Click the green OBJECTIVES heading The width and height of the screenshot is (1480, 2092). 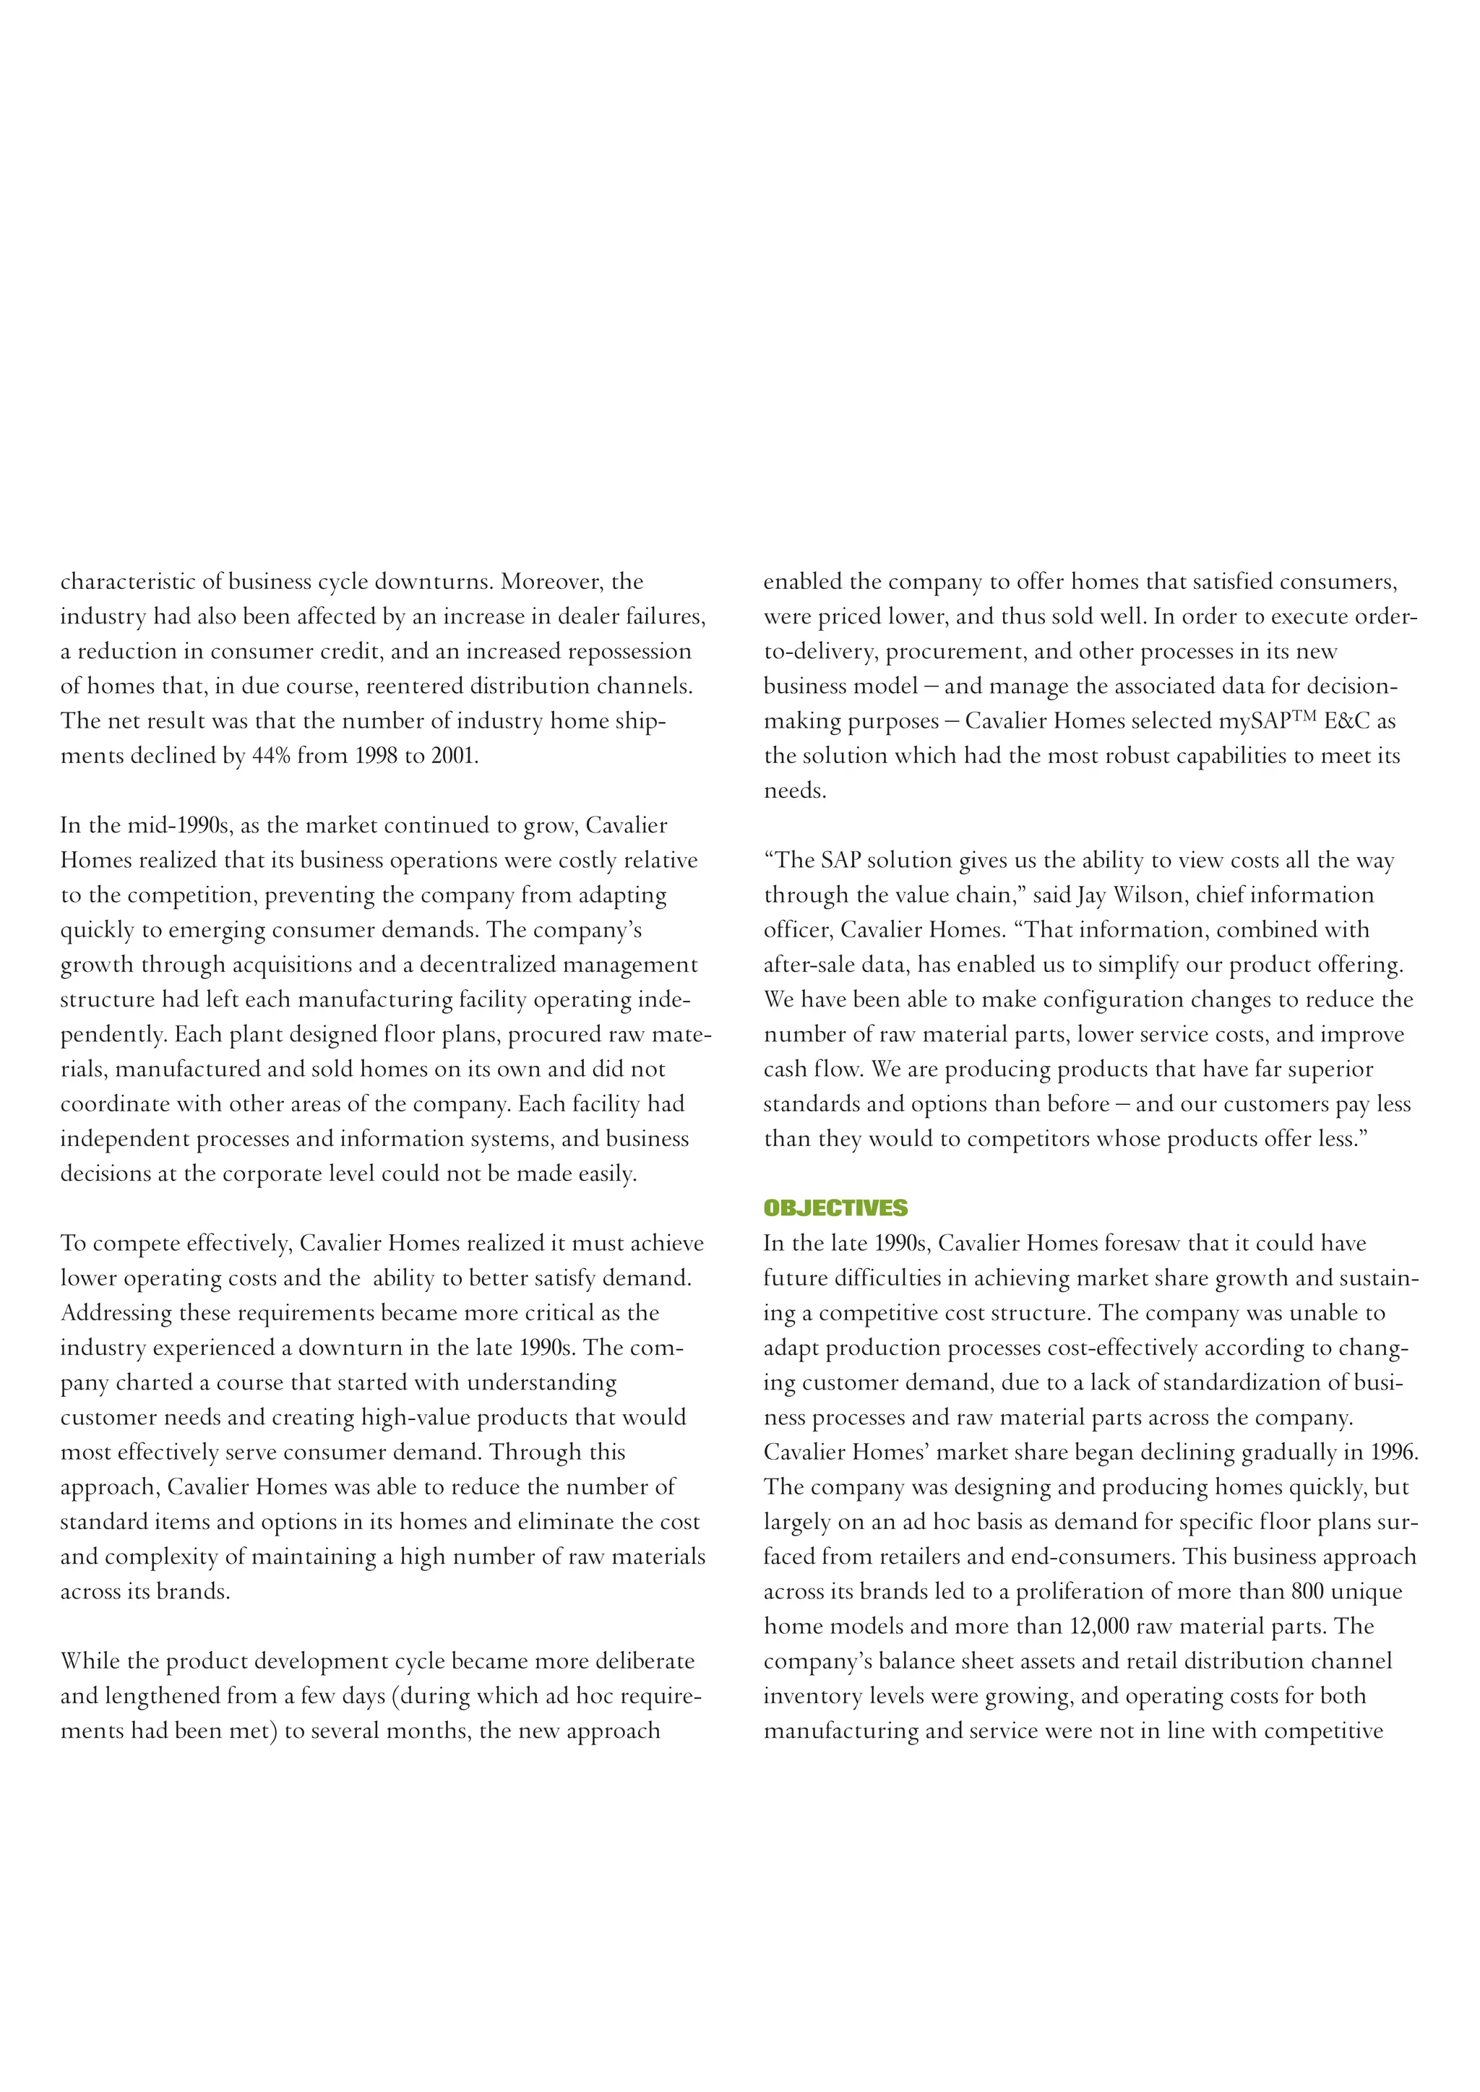[835, 1208]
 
